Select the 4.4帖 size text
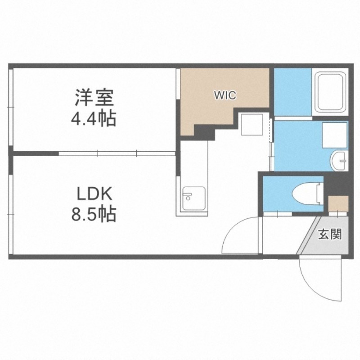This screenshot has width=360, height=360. pyautogui.click(x=94, y=119)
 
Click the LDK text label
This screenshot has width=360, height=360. pyautogui.click(x=94, y=194)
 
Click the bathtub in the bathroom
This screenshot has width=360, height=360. pyautogui.click(x=330, y=92)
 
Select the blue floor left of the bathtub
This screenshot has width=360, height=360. pyautogui.click(x=293, y=92)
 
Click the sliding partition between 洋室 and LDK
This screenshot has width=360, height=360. pyautogui.click(x=117, y=153)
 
